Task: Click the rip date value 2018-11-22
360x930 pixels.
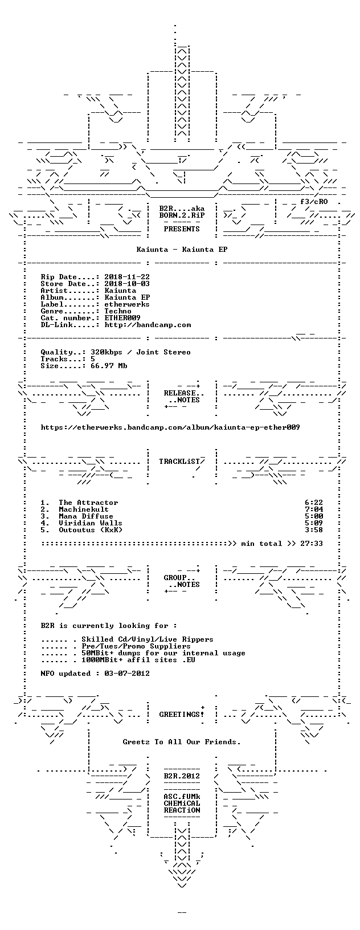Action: pos(127,277)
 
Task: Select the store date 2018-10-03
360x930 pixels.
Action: pos(127,284)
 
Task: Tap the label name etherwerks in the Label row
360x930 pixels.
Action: pos(127,304)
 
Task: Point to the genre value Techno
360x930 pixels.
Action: pos(118,311)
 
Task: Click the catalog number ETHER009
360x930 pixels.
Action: pos(122,318)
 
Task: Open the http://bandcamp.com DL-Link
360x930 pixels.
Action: pos(148,325)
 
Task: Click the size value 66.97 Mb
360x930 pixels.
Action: pos(109,366)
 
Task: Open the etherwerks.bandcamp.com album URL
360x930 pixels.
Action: pos(170,427)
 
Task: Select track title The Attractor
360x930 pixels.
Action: pos(88,503)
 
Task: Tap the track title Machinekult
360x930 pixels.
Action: pos(84,509)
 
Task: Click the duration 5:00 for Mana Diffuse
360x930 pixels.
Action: pos(314,516)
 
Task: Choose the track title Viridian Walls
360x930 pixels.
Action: pos(91,523)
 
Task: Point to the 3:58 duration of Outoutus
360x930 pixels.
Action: pos(314,530)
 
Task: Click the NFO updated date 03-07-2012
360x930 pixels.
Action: pos(127,674)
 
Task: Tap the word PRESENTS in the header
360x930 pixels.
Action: pos(182,229)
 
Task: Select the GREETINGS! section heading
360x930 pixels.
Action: pos(182,715)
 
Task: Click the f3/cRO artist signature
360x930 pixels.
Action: pos(314,202)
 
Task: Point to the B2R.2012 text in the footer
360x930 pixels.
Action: pos(182,776)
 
